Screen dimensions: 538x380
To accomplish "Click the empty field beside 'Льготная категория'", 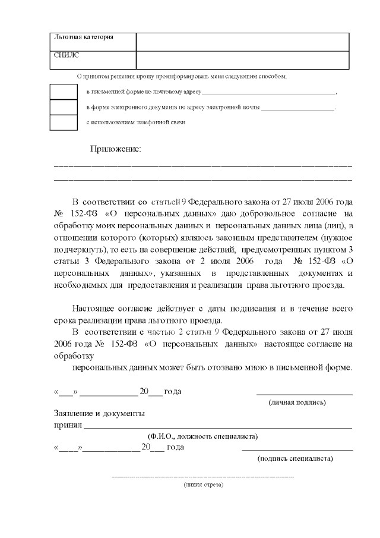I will click(x=242, y=42).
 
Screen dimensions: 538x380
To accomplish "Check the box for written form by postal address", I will click(x=63, y=92).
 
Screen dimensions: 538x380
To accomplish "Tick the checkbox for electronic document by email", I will click(x=63, y=107).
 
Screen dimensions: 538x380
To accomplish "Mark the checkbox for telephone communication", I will click(x=63, y=122).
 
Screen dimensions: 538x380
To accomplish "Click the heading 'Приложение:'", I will click(x=116, y=149).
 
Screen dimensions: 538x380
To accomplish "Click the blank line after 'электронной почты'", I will click(x=297, y=108).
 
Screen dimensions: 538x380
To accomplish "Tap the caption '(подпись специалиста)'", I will click(x=295, y=458).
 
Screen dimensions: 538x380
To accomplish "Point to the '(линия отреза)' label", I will click(x=203, y=484).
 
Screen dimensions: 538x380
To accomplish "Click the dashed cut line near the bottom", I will click(x=203, y=477).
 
